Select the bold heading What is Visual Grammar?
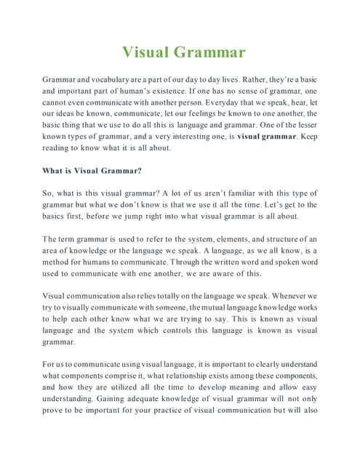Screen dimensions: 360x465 [92, 171]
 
